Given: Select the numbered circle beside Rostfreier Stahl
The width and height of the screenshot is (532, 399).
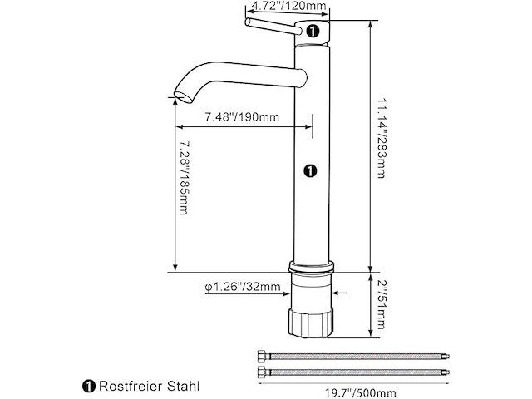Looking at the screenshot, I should point(89,387).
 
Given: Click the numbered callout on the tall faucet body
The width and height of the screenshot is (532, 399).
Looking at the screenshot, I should point(309,170).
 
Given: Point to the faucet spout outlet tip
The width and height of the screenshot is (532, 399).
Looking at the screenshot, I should point(176,97).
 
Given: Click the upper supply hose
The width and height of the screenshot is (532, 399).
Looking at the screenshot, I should point(352,357).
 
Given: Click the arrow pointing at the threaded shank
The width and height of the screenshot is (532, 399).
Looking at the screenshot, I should point(341,292).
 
